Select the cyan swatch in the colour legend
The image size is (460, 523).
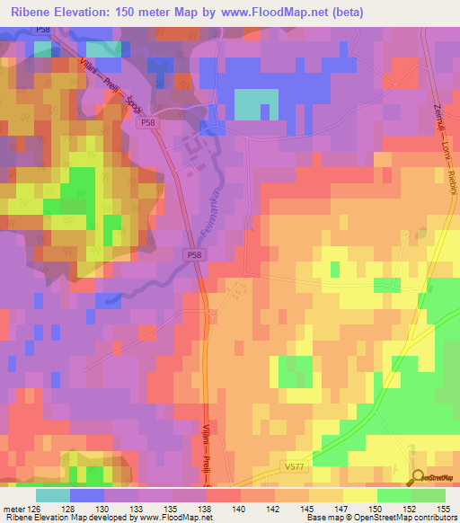pos(52,495)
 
